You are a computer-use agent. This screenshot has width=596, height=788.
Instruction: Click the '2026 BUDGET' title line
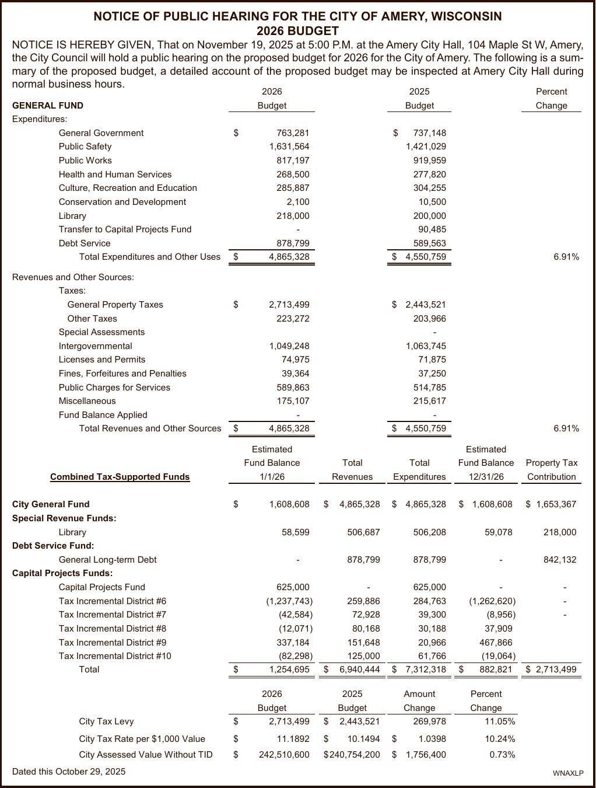(297, 31)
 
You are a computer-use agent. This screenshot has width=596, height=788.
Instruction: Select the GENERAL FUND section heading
(48, 106)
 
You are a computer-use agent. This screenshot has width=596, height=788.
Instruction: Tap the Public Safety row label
(85, 147)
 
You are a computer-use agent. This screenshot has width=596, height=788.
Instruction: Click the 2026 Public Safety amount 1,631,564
(289, 147)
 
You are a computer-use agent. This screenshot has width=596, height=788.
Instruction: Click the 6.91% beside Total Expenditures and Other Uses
(566, 257)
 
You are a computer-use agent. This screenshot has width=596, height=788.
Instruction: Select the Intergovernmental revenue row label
(95, 346)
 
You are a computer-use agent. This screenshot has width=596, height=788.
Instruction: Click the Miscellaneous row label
(87, 401)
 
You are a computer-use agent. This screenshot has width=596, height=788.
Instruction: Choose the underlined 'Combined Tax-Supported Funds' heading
(120, 477)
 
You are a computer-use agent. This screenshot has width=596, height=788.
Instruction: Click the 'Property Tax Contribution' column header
(551, 470)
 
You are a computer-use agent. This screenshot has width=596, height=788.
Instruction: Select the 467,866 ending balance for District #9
(496, 643)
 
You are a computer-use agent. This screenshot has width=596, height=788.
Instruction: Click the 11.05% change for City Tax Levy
(500, 721)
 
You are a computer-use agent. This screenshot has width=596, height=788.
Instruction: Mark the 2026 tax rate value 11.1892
(293, 739)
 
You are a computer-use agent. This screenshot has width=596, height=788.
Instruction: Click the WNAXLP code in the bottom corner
(568, 773)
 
